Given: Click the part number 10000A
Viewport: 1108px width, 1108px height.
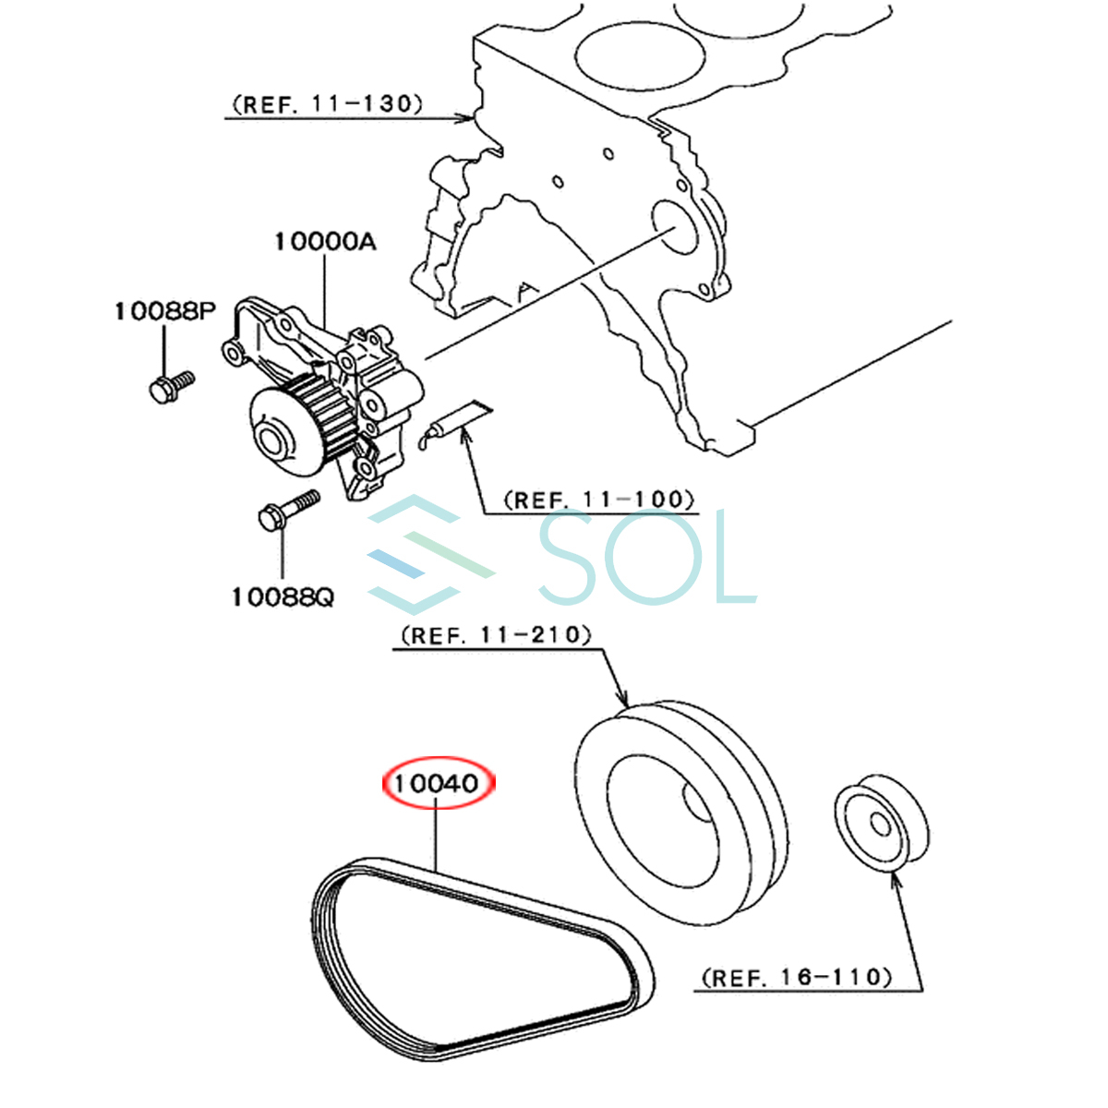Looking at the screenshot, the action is pyautogui.click(x=325, y=242).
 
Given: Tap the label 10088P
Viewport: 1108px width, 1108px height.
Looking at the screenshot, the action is pyautogui.click(x=165, y=311).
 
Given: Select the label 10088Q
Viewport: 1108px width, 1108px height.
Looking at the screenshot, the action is pyautogui.click(x=283, y=597).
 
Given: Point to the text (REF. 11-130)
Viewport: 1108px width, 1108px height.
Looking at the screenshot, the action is pyautogui.click(x=327, y=104).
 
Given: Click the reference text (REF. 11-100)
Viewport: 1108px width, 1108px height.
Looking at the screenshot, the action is pyautogui.click(x=600, y=500).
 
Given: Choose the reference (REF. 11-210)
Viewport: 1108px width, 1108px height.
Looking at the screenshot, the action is pyautogui.click(x=496, y=635).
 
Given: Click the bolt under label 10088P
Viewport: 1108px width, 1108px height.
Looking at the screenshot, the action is pyautogui.click(x=172, y=387).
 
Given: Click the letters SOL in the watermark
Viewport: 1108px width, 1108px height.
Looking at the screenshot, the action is pyautogui.click(x=647, y=556).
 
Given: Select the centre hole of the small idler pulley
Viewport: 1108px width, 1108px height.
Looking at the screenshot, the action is pyautogui.click(x=880, y=825).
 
